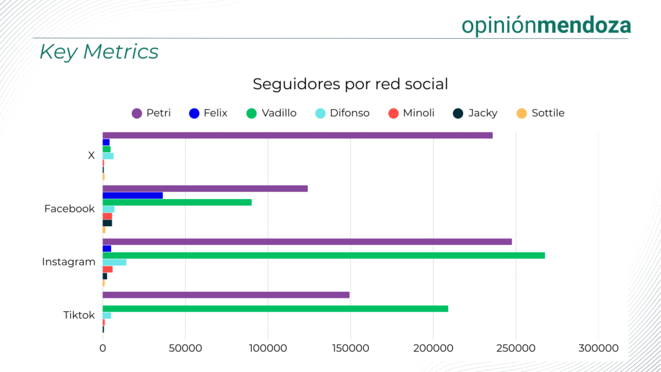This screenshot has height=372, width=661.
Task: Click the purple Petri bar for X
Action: [297, 135]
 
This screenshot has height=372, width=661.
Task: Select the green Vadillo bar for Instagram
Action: [323, 255]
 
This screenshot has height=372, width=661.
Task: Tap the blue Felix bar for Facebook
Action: [132, 195]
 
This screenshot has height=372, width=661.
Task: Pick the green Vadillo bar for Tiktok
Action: [275, 309]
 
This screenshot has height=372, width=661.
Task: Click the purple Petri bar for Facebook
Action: [205, 189]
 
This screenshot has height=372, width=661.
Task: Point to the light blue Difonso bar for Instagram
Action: [114, 262]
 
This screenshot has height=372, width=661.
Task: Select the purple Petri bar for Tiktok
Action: [226, 295]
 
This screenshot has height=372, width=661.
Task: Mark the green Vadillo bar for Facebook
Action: [177, 202]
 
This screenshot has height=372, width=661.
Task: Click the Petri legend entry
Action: [152, 113]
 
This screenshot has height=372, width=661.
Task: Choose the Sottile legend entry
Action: [541, 113]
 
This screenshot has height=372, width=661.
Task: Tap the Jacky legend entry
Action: [475, 113]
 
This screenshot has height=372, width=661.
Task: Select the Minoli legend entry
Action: [411, 113]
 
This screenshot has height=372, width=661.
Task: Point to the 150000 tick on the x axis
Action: [351, 348]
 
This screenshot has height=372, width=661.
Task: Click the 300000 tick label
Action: [598, 348]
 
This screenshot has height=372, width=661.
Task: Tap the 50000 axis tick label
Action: [185, 348]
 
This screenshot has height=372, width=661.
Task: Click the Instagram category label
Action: [68, 262]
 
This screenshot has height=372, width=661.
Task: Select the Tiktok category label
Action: [79, 315]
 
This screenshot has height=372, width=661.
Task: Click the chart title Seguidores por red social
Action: [350, 84]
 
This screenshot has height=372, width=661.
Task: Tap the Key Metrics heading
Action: [99, 52]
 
